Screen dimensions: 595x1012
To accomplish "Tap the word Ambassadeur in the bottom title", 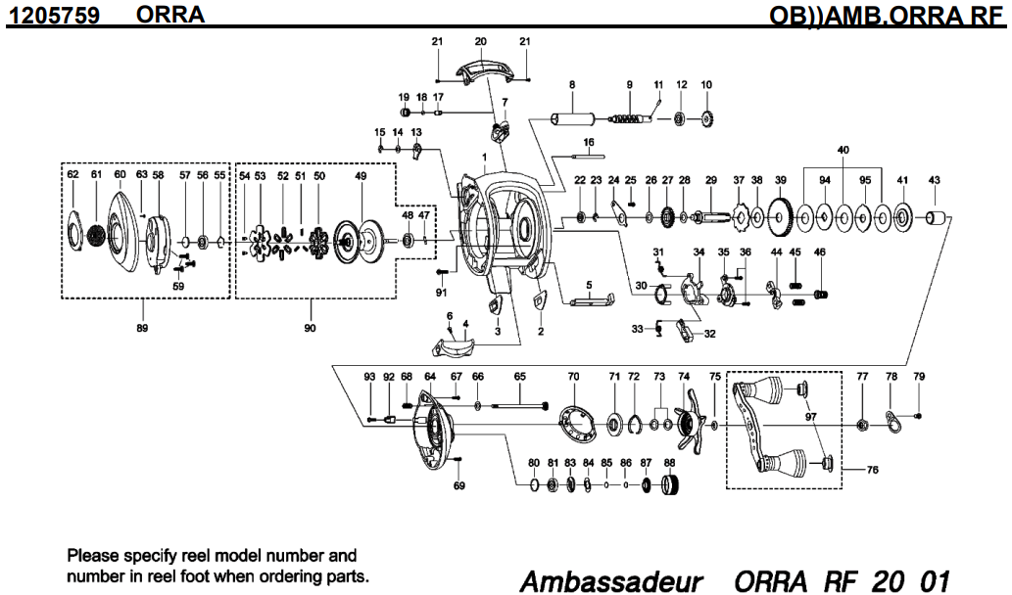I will click(x=610, y=581).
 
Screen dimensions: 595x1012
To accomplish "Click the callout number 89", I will click(x=143, y=328).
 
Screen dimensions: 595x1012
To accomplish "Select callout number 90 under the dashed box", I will click(x=310, y=328).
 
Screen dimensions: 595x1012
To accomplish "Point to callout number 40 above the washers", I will click(x=843, y=150).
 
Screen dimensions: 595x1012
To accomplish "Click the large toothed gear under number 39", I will click(x=780, y=216).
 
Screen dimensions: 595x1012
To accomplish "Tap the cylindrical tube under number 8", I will click(x=573, y=119).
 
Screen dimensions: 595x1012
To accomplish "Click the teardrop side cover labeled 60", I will click(x=122, y=230).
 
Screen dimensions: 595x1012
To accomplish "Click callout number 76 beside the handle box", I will click(x=872, y=470).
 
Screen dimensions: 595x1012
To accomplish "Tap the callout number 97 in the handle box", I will click(x=810, y=418).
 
